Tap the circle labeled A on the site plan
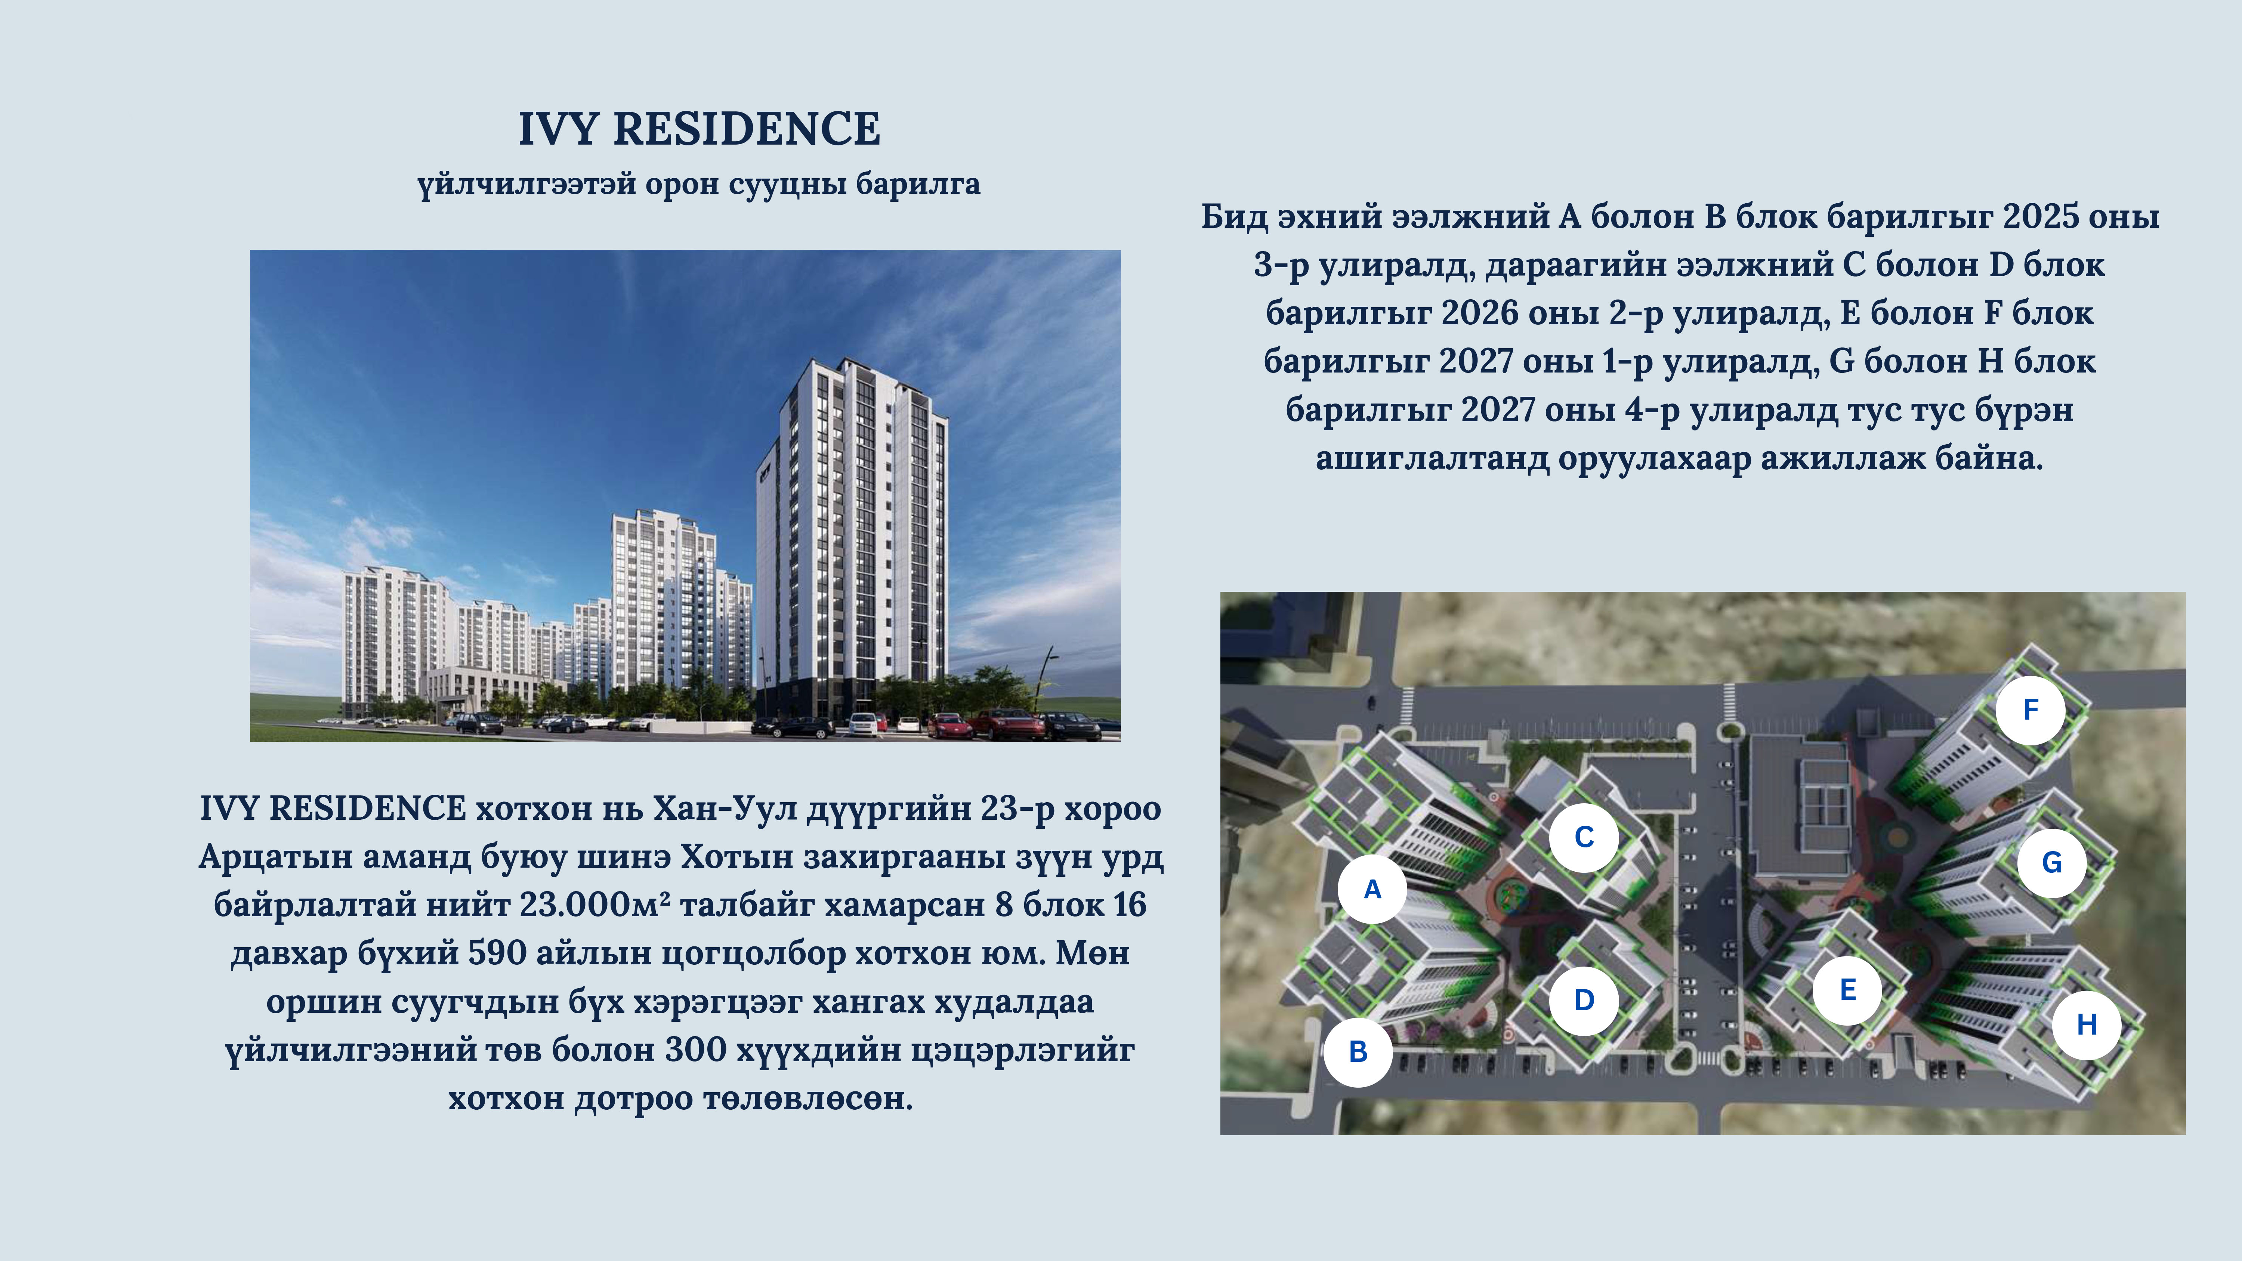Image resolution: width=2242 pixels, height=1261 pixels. [x=1372, y=889]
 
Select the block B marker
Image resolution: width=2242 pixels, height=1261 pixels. [x=1358, y=1051]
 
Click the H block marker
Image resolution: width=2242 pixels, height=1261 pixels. [x=2086, y=1024]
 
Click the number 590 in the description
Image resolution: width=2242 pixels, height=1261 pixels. [x=497, y=954]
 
